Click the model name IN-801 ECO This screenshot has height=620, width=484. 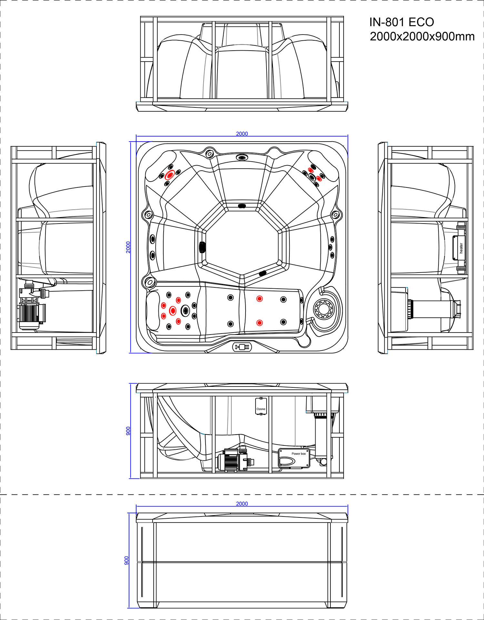401,22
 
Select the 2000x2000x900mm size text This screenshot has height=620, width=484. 422,36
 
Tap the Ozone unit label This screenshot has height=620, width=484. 261,409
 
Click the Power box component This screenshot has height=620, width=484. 294,458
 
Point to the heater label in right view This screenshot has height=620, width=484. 461,248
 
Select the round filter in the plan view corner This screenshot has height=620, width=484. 324,309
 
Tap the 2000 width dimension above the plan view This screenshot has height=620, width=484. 242,134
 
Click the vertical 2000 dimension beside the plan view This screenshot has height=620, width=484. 128,247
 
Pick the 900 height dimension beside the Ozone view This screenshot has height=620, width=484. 128,431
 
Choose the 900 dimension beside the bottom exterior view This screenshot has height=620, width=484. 127,560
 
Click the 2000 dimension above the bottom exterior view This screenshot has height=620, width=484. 242,504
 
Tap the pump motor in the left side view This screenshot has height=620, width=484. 31,313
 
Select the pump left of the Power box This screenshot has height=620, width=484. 236,460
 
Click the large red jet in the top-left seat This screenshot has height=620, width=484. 170,175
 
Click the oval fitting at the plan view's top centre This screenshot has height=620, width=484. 242,157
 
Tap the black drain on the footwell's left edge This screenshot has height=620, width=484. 202,247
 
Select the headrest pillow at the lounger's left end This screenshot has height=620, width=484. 153,311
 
